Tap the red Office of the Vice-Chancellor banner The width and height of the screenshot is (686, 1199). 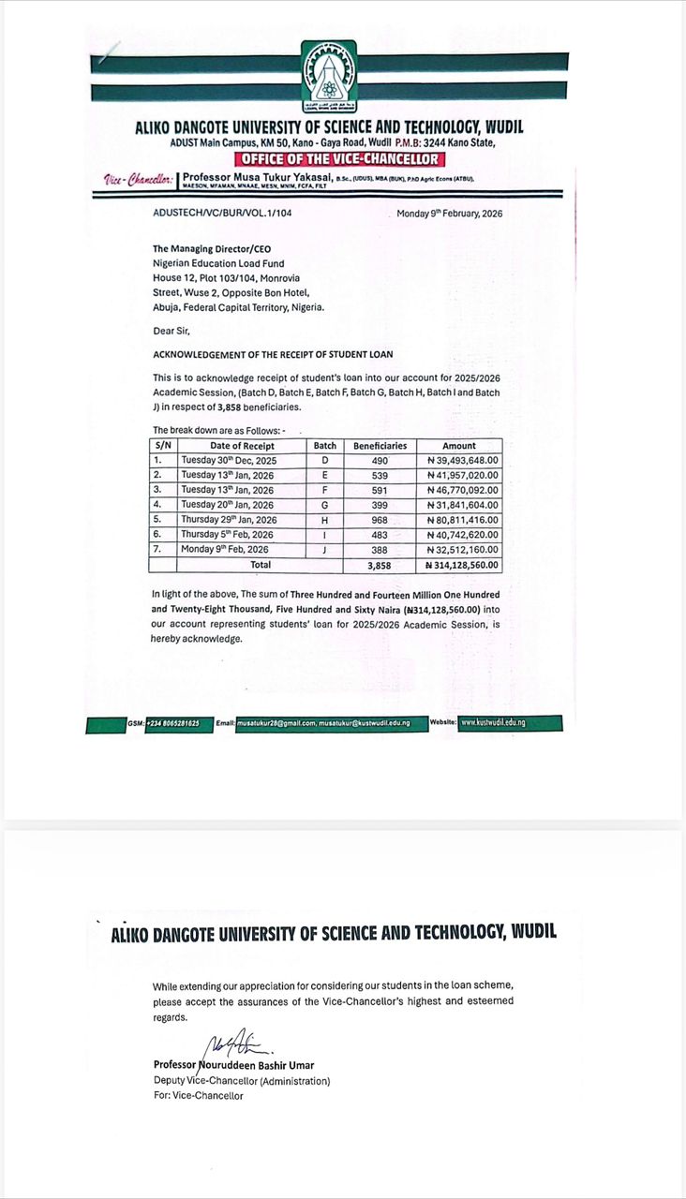329,159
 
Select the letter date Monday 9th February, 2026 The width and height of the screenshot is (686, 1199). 450,214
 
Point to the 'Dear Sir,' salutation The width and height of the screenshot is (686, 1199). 170,330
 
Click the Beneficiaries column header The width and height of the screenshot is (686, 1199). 380,446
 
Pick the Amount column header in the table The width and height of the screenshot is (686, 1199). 459,446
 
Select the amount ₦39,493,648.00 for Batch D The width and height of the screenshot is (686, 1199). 459,461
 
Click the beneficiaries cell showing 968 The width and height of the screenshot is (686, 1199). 380,520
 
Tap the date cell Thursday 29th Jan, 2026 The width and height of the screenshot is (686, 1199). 228,520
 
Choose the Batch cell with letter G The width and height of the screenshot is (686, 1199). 325,505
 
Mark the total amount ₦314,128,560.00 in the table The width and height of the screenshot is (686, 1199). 463,566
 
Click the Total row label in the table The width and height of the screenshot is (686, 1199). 261,566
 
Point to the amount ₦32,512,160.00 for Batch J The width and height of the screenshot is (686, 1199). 459,550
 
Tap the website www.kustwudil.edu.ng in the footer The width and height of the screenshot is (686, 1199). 493,723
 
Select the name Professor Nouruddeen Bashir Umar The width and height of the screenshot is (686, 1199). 234,1066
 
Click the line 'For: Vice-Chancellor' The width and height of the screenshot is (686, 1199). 198,1096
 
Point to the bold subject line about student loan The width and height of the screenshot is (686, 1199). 273,354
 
